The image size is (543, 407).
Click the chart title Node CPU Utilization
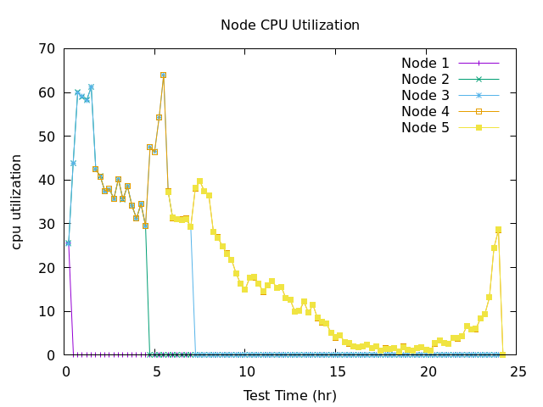click(x=289, y=25)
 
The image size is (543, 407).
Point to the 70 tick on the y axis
click(x=48, y=48)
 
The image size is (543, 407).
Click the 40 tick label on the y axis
click(x=48, y=180)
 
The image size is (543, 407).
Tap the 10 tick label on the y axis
click(x=48, y=311)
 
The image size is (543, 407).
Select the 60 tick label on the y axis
click(x=48, y=92)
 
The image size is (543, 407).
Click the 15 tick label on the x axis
click(x=338, y=371)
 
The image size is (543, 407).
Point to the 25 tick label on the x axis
click(x=518, y=371)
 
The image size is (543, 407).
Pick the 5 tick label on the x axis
click(x=157, y=371)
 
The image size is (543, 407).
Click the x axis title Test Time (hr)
click(x=289, y=395)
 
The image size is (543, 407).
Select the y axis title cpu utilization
click(x=17, y=201)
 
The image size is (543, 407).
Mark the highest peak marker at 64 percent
click(x=163, y=75)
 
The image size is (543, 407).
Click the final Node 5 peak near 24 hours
click(x=498, y=230)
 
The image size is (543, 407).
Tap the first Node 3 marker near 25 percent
click(x=68, y=243)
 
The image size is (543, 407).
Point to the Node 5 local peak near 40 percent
click(x=199, y=181)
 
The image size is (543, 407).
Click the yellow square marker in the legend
click(x=479, y=128)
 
